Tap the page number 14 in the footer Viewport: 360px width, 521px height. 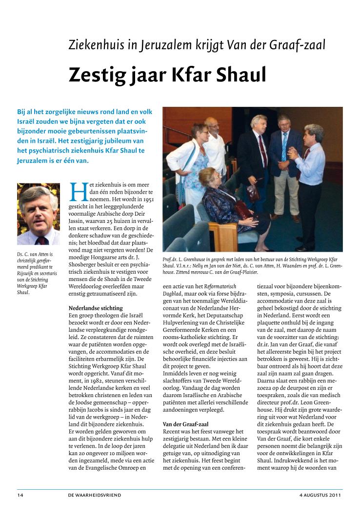20,495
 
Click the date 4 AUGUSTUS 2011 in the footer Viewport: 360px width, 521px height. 320,495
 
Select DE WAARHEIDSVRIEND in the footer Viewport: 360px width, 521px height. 95,495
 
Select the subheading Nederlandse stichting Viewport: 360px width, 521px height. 96,308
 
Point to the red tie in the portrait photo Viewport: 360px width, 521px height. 41,240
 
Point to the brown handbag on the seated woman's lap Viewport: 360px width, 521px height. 241,210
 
